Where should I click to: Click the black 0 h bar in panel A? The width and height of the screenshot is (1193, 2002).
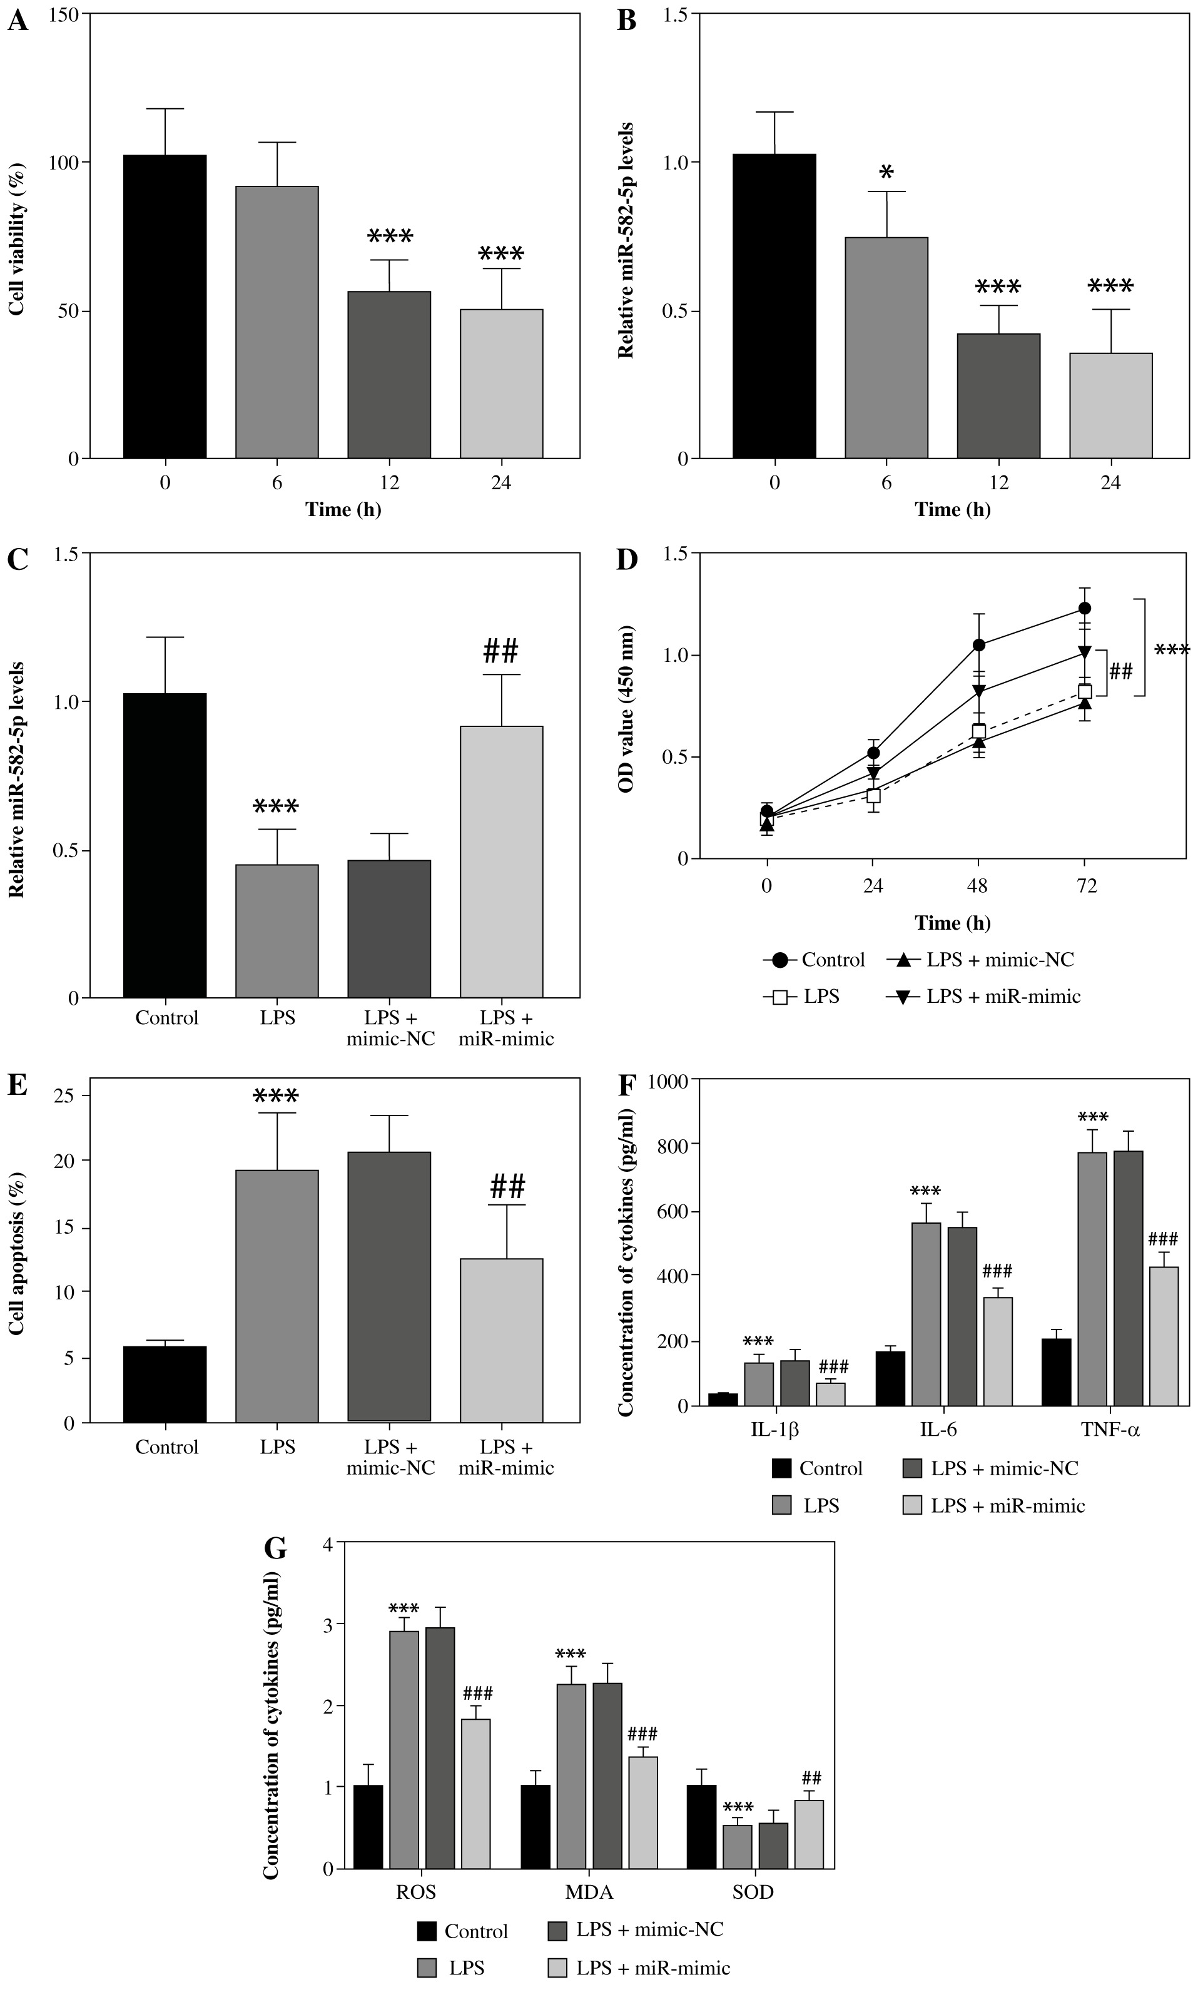tap(165, 306)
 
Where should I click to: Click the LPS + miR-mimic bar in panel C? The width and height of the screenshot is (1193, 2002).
tap(502, 861)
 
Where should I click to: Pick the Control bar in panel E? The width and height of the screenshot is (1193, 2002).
tap(165, 1384)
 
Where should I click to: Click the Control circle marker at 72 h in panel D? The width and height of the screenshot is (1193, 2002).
tap(1085, 608)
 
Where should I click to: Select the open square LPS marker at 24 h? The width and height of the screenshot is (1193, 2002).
tap(874, 796)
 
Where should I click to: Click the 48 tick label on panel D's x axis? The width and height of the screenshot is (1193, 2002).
tap(978, 887)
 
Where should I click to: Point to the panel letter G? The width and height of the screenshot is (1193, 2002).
tap(276, 1548)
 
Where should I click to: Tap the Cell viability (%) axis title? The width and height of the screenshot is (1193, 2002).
tap(18, 240)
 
